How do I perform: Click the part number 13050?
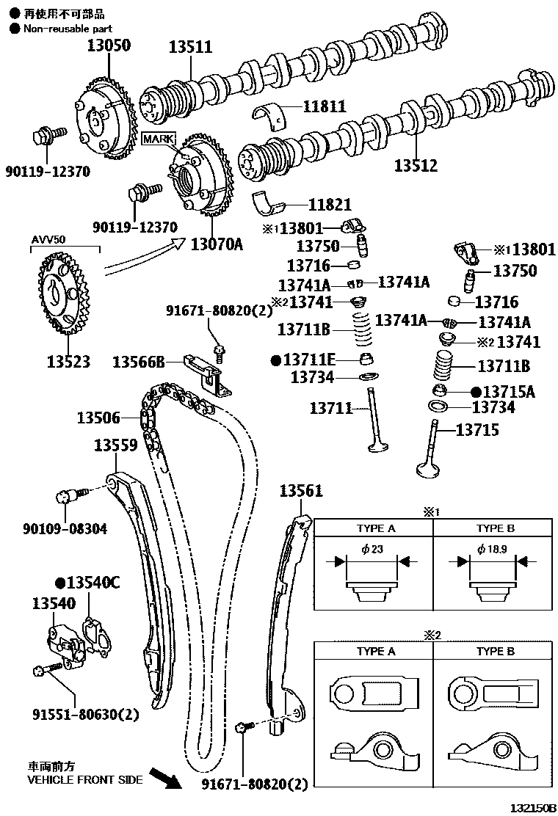[109, 45]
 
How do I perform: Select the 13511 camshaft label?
[190, 47]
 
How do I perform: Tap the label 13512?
[416, 166]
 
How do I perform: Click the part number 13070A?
[217, 243]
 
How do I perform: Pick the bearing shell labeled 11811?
[275, 114]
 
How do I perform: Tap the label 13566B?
[138, 361]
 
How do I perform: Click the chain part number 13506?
[98, 418]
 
